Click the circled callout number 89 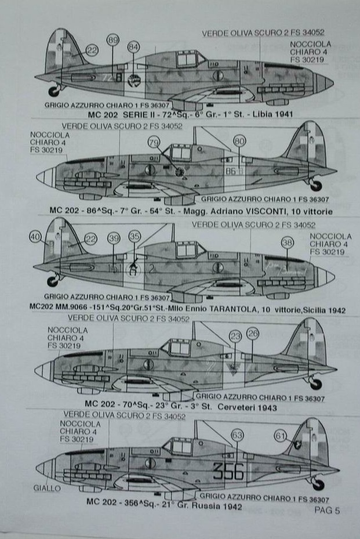pos(113,39)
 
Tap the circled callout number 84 pos(133,46)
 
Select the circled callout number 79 pos(154,142)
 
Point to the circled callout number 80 pos(239,141)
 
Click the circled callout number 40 pos(36,237)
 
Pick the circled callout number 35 pos(134,237)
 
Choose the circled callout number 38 pos(287,243)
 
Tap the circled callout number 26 pos(252,333)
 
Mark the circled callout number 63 pos(237,435)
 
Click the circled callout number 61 pos(281,435)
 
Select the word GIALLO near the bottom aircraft pos(47,489)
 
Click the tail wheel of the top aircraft pos(54,91)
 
